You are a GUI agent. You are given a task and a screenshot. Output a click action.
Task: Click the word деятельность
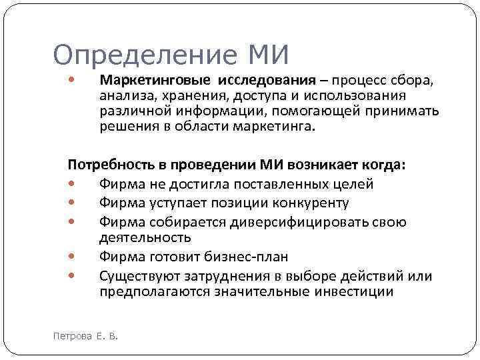pos(145,237)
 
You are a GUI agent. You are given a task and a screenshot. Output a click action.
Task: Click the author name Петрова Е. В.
pos(85,336)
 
